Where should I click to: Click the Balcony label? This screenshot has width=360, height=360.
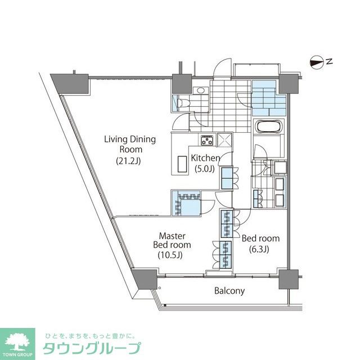point(229,291)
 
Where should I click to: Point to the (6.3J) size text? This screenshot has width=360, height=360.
point(260,249)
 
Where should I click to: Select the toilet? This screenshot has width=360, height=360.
point(182,102)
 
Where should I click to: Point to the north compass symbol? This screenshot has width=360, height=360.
point(318,61)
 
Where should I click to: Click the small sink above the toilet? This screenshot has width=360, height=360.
point(200,91)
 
